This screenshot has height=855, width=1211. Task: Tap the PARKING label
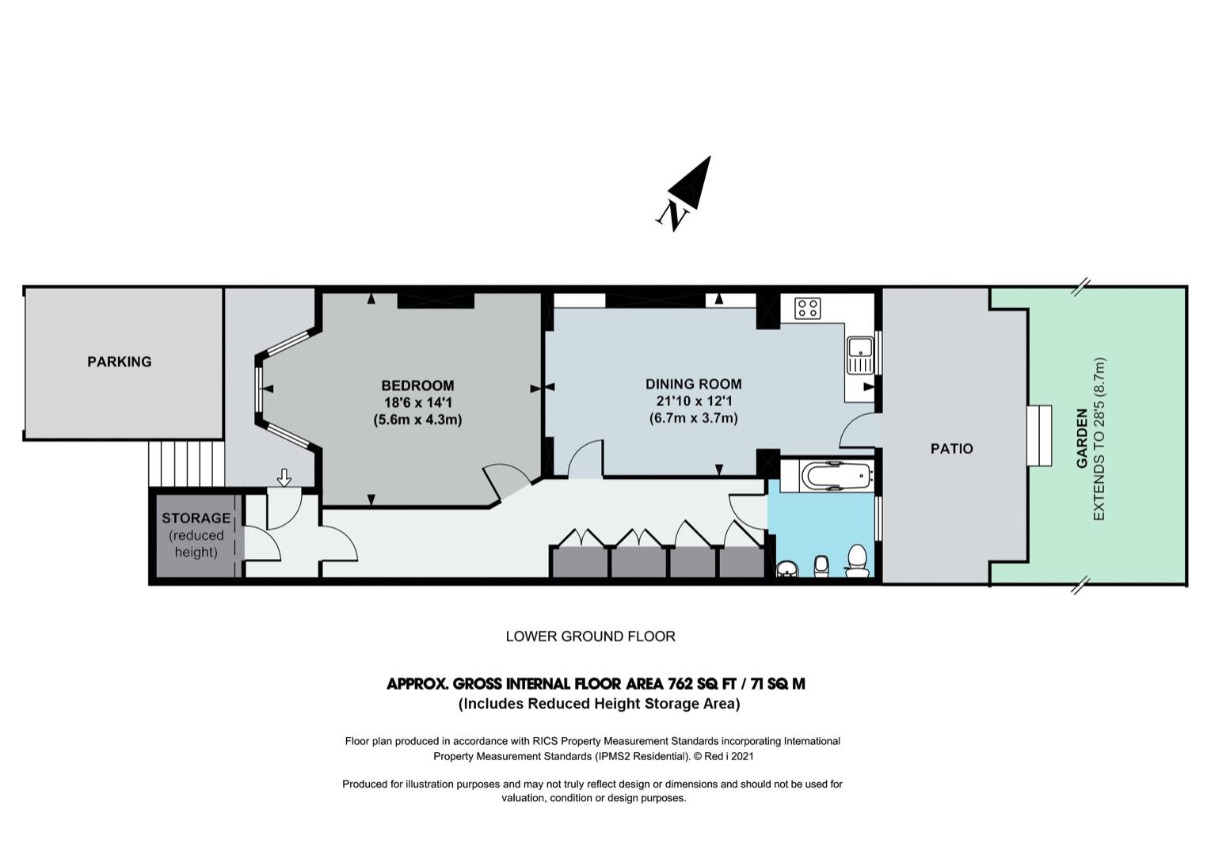[x=120, y=362]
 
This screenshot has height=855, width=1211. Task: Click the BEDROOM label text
[x=417, y=386]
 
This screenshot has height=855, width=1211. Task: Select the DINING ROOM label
[x=694, y=384]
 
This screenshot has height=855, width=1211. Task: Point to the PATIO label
[x=951, y=449]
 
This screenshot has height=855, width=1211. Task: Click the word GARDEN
[x=1082, y=439]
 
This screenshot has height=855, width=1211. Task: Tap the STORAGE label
[x=196, y=518]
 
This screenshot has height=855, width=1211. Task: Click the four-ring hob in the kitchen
[x=808, y=309]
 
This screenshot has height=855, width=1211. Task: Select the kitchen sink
[x=859, y=355]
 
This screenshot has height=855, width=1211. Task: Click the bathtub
[x=837, y=476]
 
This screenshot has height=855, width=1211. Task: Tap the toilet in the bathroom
[x=857, y=560]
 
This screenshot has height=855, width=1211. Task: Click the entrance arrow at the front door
[x=284, y=477]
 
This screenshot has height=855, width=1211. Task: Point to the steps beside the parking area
[x=186, y=464]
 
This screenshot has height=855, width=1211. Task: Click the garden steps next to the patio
[x=1039, y=435]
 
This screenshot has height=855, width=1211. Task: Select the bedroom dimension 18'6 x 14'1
[x=418, y=403]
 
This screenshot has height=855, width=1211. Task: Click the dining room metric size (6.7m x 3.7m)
[x=694, y=418]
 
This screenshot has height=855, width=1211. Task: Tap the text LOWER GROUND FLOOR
[x=590, y=636]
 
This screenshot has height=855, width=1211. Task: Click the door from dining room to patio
[x=860, y=431]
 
